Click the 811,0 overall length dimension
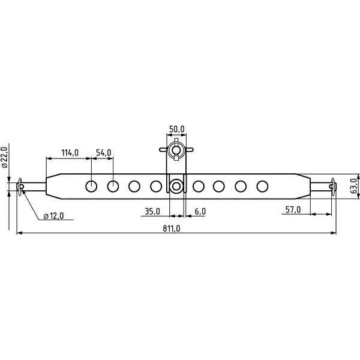point(171,228)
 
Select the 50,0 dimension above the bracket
point(176,129)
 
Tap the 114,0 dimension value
point(70,153)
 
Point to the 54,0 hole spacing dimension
point(103,153)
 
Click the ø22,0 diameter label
point(5,157)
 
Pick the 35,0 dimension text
point(152,211)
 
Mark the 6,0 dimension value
point(200,211)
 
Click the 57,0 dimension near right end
point(292,209)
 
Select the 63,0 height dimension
point(353,185)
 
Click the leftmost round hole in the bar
point(91,186)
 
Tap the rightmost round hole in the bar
point(262,186)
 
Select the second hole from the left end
point(113,186)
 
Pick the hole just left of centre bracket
point(156,186)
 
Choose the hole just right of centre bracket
point(197,186)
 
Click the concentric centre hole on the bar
point(176,186)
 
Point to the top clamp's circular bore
point(176,150)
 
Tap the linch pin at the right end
point(334,186)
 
